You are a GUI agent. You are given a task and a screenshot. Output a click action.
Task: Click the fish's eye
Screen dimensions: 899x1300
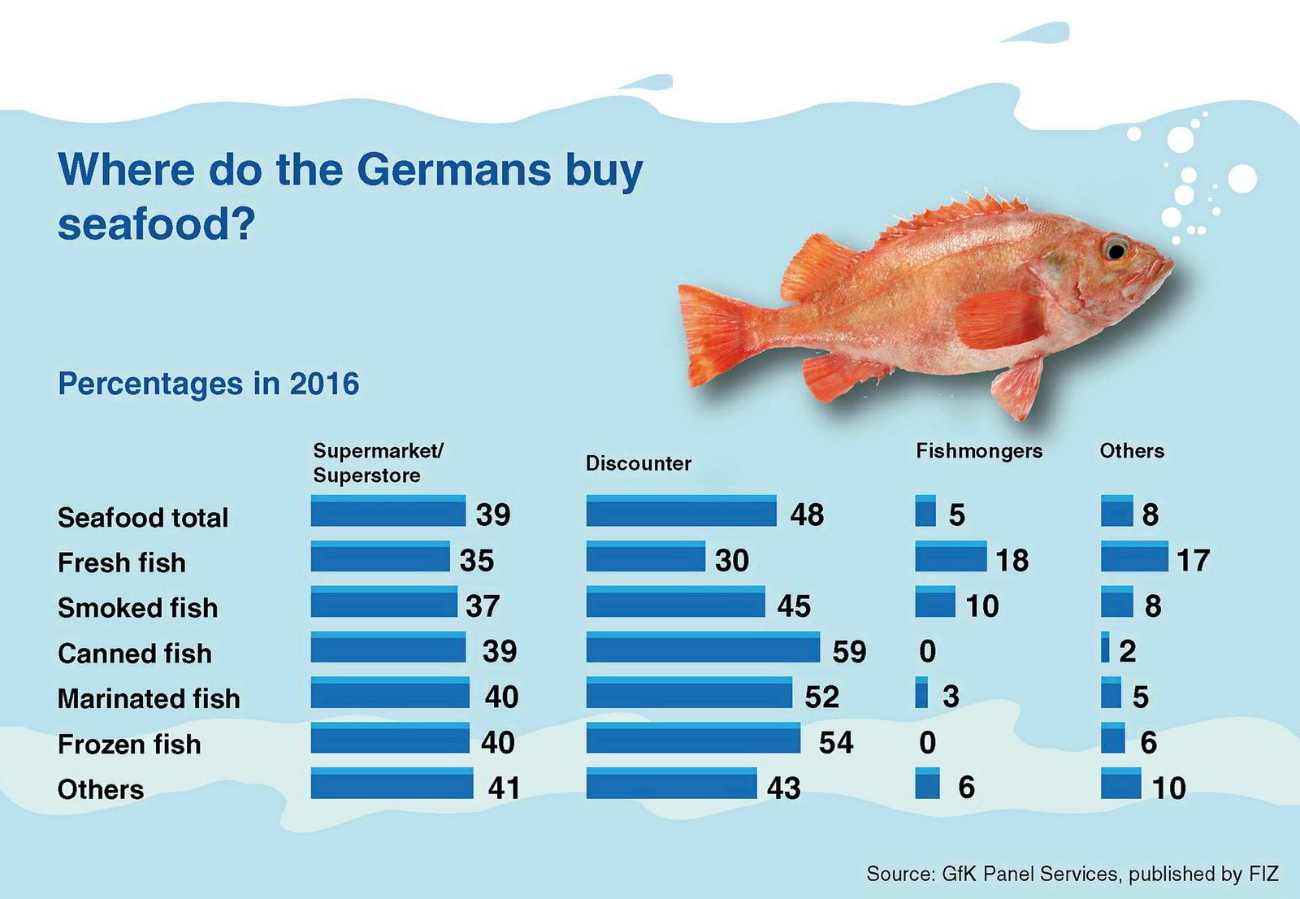click(x=1116, y=247)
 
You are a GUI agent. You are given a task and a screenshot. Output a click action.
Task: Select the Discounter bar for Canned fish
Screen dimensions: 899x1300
click(x=703, y=648)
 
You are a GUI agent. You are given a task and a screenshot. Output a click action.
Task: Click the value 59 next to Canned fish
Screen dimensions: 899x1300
click(x=849, y=651)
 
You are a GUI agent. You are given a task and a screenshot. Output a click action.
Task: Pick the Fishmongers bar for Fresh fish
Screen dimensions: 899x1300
click(x=950, y=557)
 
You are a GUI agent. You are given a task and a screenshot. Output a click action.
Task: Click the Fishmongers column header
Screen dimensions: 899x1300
click(x=978, y=451)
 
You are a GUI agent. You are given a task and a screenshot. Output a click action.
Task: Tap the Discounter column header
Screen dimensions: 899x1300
click(x=638, y=463)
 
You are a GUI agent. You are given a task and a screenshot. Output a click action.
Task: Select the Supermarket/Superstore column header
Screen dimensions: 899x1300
click(x=378, y=463)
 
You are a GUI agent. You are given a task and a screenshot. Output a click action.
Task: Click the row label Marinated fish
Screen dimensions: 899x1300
click(x=149, y=698)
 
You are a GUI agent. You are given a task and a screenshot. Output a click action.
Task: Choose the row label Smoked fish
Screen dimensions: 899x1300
click(x=137, y=607)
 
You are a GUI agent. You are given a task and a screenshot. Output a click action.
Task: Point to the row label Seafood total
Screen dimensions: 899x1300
click(x=143, y=517)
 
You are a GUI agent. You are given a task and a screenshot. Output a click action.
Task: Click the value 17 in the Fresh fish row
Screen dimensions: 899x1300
click(x=1193, y=560)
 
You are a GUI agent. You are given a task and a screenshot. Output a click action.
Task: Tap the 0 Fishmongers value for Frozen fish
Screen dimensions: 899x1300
click(x=927, y=742)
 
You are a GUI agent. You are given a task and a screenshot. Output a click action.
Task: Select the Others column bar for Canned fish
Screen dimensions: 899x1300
click(x=1105, y=648)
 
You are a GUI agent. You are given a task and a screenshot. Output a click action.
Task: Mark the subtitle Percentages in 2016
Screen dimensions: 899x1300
click(x=208, y=383)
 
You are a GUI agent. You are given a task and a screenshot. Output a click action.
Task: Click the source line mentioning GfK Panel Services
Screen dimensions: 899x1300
click(x=1072, y=874)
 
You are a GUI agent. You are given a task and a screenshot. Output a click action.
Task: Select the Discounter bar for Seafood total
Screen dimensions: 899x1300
click(x=681, y=511)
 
